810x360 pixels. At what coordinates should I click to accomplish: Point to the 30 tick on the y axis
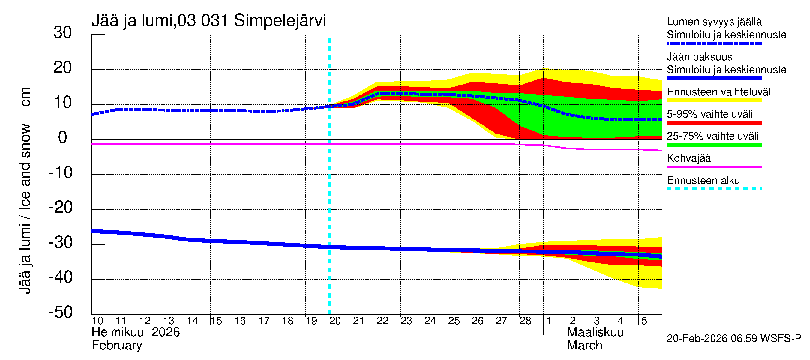pyautogui.click(x=63, y=32)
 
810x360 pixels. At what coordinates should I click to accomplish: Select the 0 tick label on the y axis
pyautogui.click(x=63, y=137)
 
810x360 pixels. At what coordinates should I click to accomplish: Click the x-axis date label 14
pyautogui.click(x=192, y=321)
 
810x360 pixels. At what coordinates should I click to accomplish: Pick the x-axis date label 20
pyautogui.click(x=335, y=321)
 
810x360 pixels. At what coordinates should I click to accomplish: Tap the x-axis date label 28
pyautogui.click(x=525, y=321)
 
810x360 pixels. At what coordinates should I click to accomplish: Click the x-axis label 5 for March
pyautogui.click(x=644, y=321)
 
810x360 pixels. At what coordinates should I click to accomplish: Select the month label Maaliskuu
pyautogui.click(x=595, y=332)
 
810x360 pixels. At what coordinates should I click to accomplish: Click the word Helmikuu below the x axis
pyautogui.click(x=118, y=332)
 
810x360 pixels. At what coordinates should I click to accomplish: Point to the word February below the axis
pyautogui.click(x=117, y=346)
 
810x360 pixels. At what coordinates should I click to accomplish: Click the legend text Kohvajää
pyautogui.click(x=688, y=158)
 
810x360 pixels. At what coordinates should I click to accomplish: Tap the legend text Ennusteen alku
pyautogui.click(x=703, y=181)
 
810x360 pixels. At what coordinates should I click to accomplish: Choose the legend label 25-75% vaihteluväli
pyautogui.click(x=712, y=136)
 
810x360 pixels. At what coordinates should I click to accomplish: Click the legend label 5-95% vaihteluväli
pyautogui.click(x=710, y=114)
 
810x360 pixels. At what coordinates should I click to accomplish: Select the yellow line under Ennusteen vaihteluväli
pyautogui.click(x=714, y=100)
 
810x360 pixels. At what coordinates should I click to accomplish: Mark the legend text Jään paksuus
pyautogui.click(x=699, y=57)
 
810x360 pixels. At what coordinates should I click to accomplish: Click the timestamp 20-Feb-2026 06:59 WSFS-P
pyautogui.click(x=734, y=339)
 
